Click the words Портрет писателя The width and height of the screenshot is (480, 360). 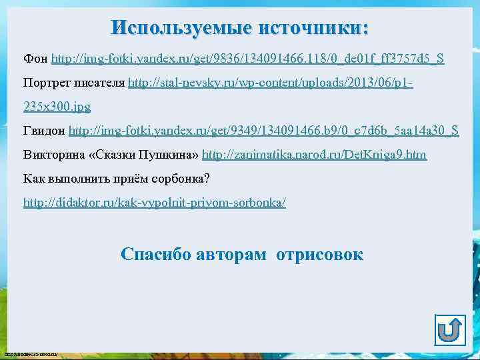pyautogui.click(x=74, y=83)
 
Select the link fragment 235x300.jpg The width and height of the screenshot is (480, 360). pyautogui.click(x=57, y=107)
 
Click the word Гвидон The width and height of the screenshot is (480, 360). pyautogui.click(x=45, y=131)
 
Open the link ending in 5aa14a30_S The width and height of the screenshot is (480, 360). pyautogui.click(x=264, y=131)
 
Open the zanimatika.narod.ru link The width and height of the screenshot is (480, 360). pyautogui.click(x=314, y=155)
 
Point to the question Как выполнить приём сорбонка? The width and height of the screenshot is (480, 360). pyautogui.click(x=117, y=179)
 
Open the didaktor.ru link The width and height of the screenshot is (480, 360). pyautogui.click(x=155, y=202)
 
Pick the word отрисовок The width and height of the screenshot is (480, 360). pyautogui.click(x=320, y=254)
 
